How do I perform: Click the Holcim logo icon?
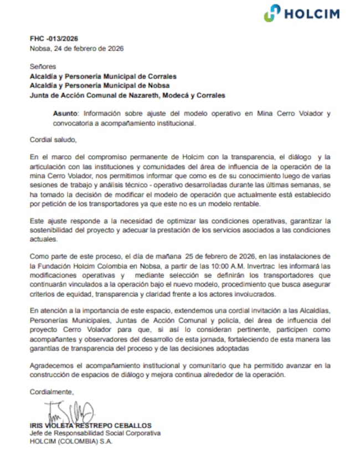click(272, 13)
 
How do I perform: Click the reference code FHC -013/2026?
click(54, 39)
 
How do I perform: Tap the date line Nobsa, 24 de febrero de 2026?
click(76, 48)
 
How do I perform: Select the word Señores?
click(43, 66)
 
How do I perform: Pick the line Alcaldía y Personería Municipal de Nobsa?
click(100, 85)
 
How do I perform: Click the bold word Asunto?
click(66, 114)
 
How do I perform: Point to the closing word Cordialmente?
click(51, 392)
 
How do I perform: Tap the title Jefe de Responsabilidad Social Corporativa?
click(95, 433)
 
